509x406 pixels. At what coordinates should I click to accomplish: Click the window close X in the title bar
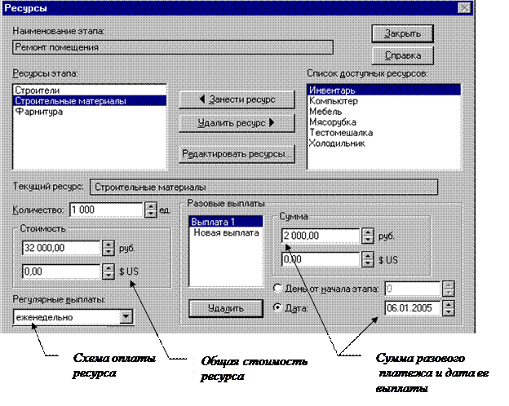coord(464,8)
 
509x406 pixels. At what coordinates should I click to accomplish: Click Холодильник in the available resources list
coord(337,143)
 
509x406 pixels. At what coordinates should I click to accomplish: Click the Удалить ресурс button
coord(235,122)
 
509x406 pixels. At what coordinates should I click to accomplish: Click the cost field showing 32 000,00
coord(59,248)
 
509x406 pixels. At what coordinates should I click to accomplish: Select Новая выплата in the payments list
coord(225,233)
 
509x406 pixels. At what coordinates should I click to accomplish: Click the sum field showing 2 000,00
coord(320,236)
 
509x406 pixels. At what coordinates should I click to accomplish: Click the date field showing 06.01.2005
coord(412,308)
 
